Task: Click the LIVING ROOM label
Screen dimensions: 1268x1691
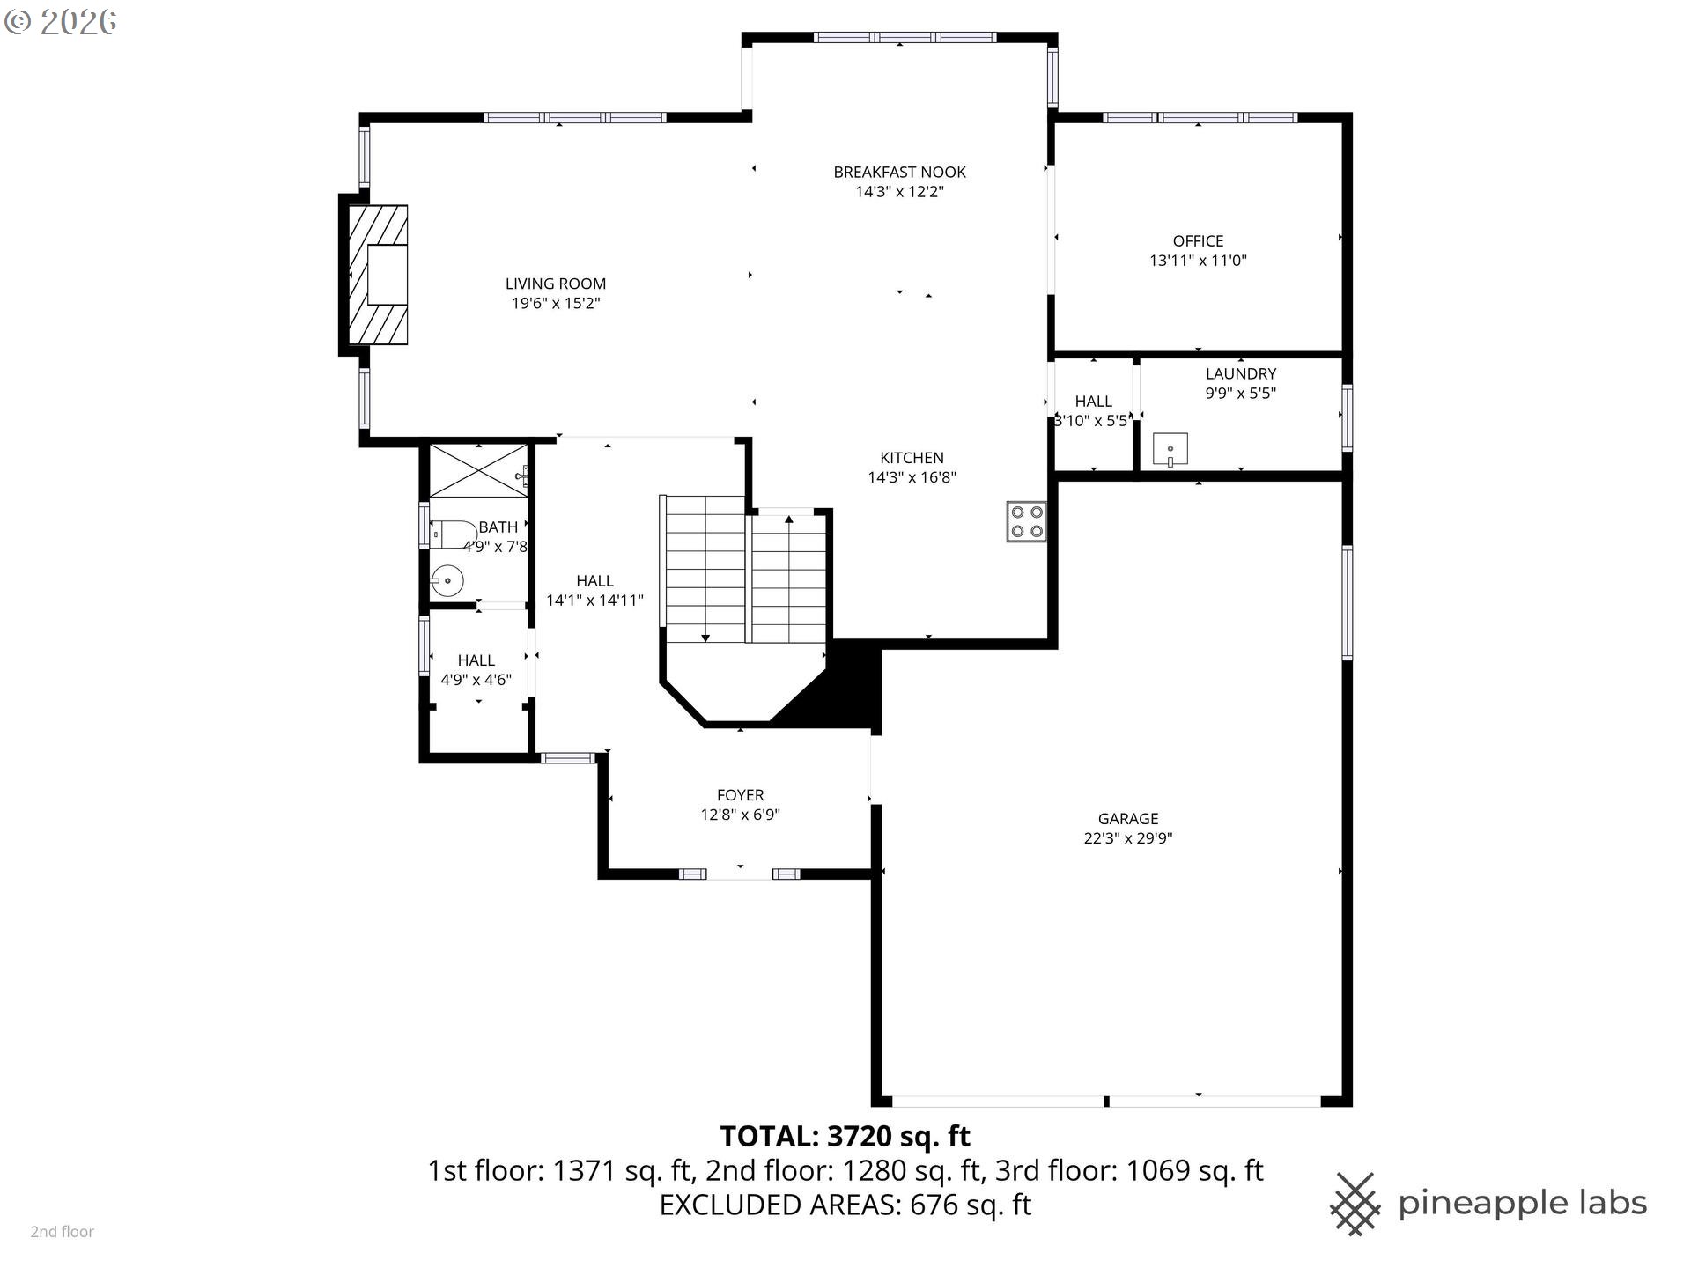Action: [x=555, y=284]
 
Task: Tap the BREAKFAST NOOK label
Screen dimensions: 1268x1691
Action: [x=899, y=172]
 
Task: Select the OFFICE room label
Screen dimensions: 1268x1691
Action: [x=1198, y=240]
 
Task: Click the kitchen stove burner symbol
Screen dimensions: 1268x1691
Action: [x=1026, y=521]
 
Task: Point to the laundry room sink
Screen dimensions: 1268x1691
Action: [x=1170, y=450]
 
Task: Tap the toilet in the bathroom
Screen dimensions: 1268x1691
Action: [x=454, y=534]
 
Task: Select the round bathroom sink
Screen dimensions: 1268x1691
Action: [x=447, y=581]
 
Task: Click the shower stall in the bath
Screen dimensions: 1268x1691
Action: [x=477, y=471]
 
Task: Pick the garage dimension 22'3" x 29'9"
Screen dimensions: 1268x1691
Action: [x=1127, y=838]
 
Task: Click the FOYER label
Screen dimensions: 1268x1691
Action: [x=740, y=794]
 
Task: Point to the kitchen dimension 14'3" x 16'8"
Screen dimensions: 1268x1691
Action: [x=912, y=477]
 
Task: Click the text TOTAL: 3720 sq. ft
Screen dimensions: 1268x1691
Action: [x=845, y=1136]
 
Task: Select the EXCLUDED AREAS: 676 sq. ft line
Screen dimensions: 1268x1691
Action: [x=845, y=1205]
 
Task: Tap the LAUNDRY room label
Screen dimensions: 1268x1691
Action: [x=1240, y=373]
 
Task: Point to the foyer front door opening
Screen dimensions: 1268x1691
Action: [x=740, y=874]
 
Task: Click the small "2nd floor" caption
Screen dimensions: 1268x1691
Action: [x=62, y=1232]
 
